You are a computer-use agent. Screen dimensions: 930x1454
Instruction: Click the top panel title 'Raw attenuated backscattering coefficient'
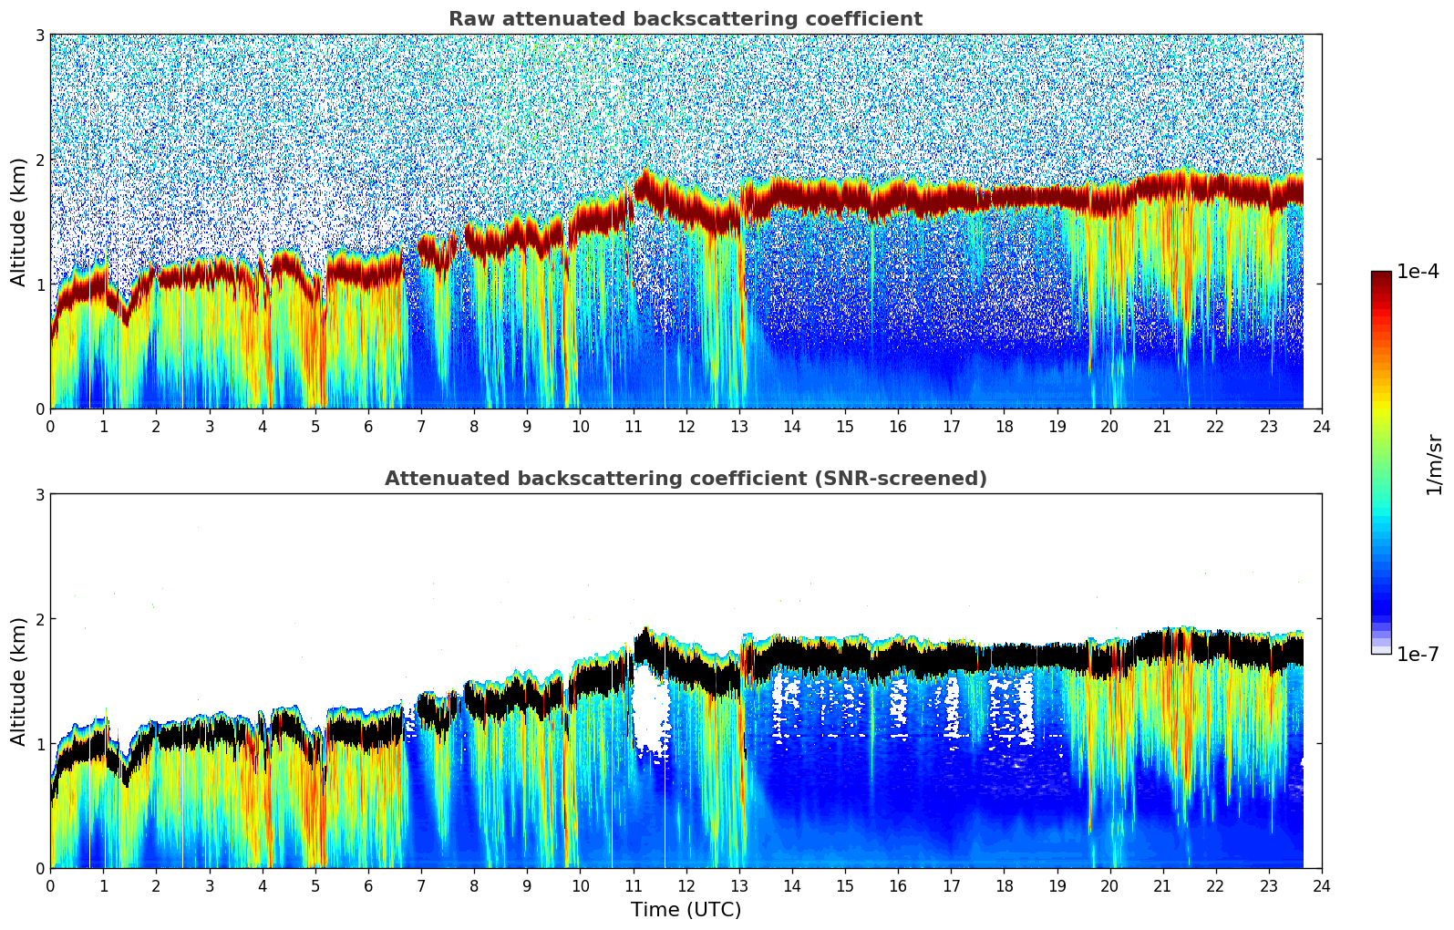point(685,19)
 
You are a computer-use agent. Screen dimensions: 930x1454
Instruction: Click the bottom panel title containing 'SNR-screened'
point(685,479)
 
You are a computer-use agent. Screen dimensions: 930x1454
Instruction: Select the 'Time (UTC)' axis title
point(686,910)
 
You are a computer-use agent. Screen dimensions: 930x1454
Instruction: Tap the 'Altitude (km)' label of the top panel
point(19,222)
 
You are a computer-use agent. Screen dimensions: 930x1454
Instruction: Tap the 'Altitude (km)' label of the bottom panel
point(19,681)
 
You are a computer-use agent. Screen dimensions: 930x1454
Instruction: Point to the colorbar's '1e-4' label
point(1418,272)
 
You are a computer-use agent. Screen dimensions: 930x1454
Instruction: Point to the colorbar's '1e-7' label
point(1418,654)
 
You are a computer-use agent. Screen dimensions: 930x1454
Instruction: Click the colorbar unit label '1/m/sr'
point(1434,463)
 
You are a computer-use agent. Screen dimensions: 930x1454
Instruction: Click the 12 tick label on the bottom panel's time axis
point(686,886)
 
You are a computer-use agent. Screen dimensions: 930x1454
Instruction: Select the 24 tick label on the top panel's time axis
point(1321,427)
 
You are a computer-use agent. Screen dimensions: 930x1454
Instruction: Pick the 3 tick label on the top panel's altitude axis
point(39,36)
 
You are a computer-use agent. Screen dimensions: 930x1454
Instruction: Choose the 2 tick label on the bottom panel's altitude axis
point(39,619)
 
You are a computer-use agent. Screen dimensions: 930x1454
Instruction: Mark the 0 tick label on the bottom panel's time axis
point(50,886)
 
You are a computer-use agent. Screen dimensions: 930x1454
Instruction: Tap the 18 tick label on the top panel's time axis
point(1004,427)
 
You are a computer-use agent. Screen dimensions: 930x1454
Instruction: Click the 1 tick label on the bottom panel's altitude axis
point(39,744)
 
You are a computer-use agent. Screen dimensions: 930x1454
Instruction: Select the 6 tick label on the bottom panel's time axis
point(368,886)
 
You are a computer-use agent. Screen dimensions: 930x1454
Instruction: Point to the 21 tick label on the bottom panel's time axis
point(1162,886)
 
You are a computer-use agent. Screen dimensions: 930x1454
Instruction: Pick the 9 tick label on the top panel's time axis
point(527,427)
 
